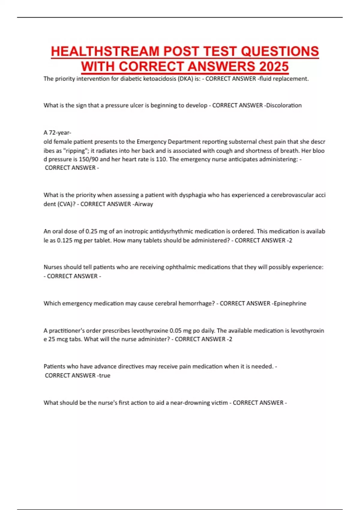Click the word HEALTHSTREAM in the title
(x=105, y=51)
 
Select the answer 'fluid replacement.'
(x=284, y=79)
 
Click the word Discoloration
(x=284, y=106)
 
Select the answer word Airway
(x=144, y=204)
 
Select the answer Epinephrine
(x=290, y=304)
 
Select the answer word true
(x=105, y=376)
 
